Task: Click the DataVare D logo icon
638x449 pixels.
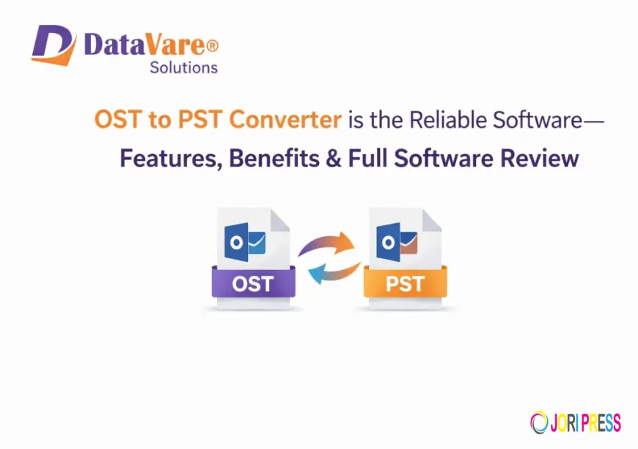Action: [x=54, y=45]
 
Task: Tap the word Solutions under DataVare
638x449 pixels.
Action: [x=183, y=67]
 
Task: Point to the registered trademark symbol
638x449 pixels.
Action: [x=212, y=45]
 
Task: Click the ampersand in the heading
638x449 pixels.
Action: [x=335, y=158]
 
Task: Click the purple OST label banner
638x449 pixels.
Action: [x=253, y=284]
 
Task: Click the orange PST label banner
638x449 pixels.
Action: [x=405, y=284]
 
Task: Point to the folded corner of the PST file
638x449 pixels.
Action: [x=430, y=219]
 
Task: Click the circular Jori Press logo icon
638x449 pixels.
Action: [x=538, y=423]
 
